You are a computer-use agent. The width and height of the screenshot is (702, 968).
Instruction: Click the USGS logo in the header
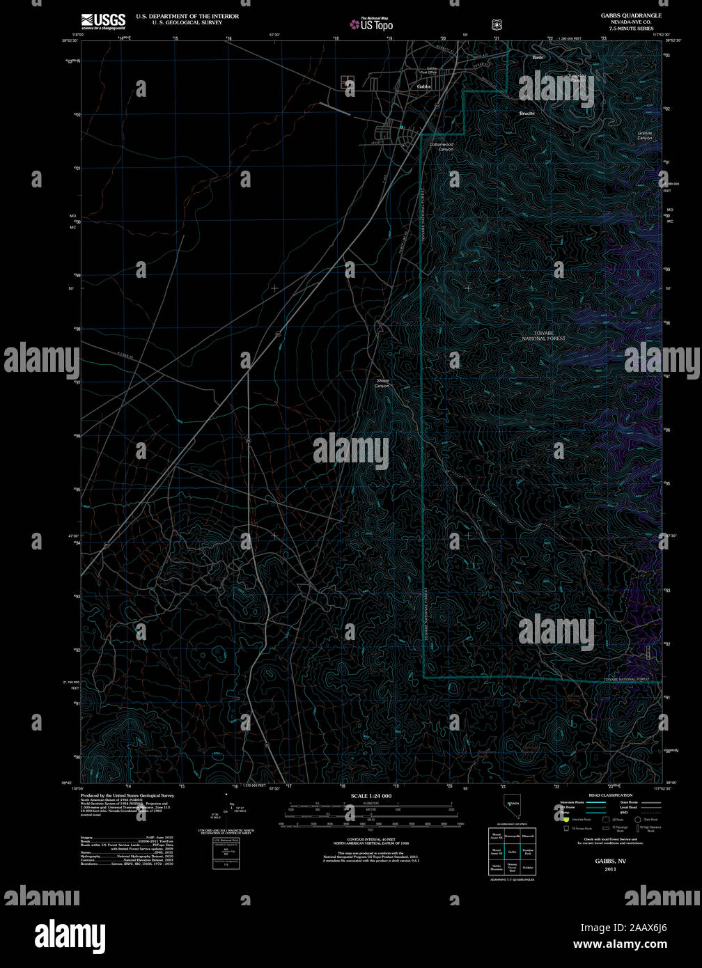[103, 21]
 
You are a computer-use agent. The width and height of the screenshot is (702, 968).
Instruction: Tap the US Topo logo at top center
[373, 24]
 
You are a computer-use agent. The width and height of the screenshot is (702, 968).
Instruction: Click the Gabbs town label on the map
[423, 86]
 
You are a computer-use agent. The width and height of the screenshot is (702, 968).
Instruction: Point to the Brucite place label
[527, 113]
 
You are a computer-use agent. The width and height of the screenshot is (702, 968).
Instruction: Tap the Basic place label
[538, 57]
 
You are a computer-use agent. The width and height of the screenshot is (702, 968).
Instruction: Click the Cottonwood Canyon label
[442, 147]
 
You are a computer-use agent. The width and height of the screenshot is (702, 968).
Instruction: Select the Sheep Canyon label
[382, 383]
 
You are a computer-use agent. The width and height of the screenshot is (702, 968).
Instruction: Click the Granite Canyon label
[645, 135]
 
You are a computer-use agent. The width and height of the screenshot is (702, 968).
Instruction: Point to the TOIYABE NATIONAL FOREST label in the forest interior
[544, 336]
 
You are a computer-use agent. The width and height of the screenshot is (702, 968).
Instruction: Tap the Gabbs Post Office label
[428, 70]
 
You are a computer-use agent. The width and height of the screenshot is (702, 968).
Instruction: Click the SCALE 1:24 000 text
[371, 796]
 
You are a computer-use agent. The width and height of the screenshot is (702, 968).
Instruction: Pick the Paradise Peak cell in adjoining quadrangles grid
[528, 852]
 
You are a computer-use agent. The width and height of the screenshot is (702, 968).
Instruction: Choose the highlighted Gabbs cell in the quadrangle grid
[512, 852]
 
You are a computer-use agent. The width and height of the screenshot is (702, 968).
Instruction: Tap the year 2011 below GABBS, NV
[610, 869]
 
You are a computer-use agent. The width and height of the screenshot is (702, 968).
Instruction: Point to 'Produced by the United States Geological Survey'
[127, 795]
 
